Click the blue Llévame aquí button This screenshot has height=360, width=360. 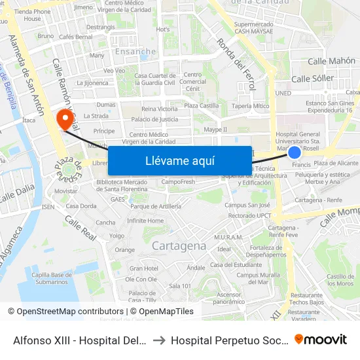point(179,161)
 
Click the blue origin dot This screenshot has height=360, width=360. point(295,153)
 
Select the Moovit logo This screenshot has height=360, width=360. point(321,340)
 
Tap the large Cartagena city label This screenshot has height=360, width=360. point(179,246)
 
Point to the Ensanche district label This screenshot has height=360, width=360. point(135,52)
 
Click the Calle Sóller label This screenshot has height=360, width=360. point(313,79)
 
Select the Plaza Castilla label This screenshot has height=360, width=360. point(201,105)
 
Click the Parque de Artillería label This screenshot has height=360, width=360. point(156,206)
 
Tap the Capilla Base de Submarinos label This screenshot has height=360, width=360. point(50,278)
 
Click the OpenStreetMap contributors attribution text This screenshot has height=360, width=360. point(65,312)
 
